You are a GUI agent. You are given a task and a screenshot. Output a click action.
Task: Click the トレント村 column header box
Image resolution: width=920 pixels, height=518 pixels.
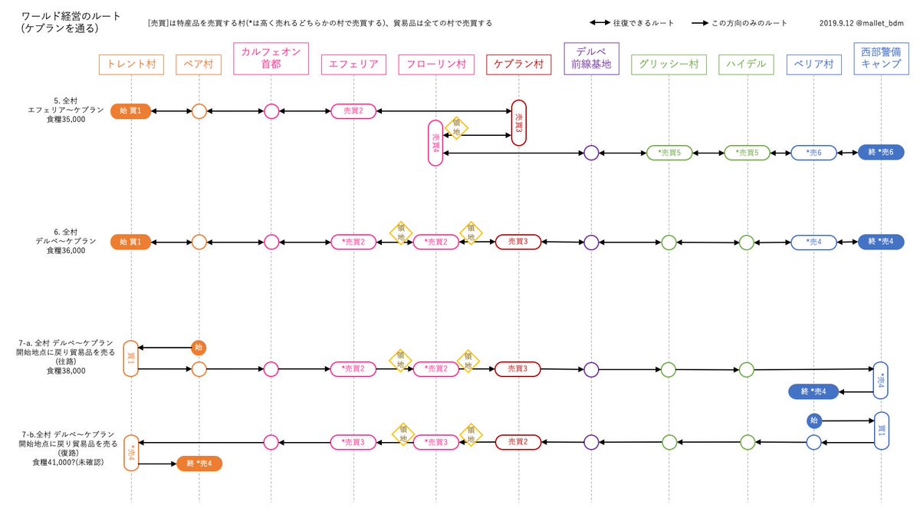coord(131,64)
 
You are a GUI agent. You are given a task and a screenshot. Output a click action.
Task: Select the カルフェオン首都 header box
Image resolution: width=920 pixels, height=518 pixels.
coord(271,58)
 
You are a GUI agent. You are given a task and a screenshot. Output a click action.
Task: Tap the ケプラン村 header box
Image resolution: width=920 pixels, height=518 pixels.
coord(519,64)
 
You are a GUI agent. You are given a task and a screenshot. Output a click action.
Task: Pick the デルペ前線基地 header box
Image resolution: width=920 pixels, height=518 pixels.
coord(591,58)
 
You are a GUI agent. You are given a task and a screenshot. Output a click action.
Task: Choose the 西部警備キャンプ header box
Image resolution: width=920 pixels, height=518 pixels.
coord(881,58)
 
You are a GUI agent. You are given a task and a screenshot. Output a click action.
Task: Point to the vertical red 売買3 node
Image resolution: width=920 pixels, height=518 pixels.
coord(519,123)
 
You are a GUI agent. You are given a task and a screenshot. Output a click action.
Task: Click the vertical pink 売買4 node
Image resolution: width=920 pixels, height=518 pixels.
coord(435,143)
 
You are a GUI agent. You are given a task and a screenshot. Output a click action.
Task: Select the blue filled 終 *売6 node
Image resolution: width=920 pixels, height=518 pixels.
coord(881,153)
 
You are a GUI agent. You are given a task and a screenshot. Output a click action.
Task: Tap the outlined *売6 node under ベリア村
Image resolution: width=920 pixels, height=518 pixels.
coord(813,153)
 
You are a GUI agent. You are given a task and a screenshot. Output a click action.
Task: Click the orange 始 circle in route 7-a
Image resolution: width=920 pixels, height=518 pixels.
coord(199,348)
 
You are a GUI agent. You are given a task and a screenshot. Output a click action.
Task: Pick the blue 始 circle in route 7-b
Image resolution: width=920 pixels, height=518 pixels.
coord(813,421)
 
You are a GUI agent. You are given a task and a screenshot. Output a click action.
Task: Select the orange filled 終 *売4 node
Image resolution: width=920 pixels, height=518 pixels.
coord(199,464)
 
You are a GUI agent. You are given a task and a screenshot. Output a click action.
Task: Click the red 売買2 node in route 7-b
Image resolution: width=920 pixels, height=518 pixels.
coord(519,442)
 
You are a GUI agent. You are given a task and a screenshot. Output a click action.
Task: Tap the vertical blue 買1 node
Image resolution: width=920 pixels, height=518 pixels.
coord(881,431)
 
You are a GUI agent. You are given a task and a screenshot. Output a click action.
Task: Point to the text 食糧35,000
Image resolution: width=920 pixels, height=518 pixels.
coord(65,120)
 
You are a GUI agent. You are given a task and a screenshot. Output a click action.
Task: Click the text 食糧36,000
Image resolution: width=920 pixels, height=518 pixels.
coord(65,250)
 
